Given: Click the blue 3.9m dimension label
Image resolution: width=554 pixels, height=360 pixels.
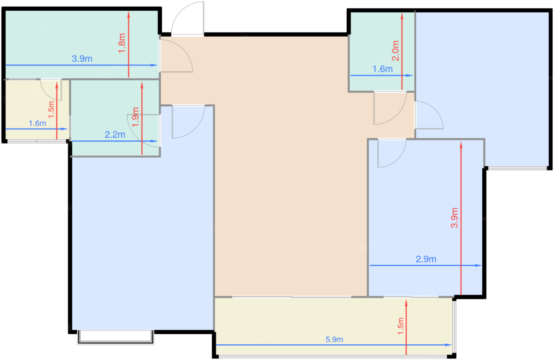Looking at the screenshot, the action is [82, 59].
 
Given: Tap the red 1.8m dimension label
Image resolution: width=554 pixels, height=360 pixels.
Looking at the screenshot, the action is [122, 43].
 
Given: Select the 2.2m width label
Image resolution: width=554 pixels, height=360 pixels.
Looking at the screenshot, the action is [115, 135].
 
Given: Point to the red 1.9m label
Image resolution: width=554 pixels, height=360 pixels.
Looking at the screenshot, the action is [135, 117].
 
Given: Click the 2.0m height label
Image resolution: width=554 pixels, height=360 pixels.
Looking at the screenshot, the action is [396, 51].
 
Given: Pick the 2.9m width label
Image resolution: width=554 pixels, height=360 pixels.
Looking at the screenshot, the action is [426, 259].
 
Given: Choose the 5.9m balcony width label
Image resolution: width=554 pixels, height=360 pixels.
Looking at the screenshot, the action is [334, 339].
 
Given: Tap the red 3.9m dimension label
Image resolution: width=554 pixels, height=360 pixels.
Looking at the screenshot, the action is [455, 218].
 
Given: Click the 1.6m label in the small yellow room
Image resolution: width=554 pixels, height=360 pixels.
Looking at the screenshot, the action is [37, 123].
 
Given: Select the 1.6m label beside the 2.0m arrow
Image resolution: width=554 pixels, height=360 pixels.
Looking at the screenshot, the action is [383, 69].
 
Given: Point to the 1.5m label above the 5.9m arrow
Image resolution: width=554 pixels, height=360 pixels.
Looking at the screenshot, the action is [400, 326].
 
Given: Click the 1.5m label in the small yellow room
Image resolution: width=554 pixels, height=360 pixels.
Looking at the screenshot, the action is [51, 110].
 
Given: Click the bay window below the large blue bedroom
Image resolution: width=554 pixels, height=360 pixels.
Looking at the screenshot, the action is [116, 337].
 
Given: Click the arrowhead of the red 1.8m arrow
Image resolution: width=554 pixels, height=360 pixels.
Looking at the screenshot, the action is [129, 15].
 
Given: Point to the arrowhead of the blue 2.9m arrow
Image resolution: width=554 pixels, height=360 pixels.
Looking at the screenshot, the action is [478, 265].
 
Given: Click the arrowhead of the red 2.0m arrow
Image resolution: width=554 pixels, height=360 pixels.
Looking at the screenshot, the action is [402, 16].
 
